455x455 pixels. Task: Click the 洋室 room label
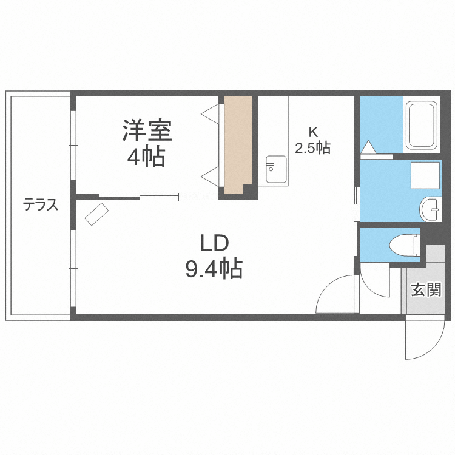(147, 130)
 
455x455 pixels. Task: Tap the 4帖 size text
(146, 157)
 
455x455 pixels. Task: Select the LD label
(214, 243)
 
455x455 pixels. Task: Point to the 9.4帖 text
(214, 268)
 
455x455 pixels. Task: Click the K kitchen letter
(313, 132)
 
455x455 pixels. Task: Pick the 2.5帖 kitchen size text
(313, 147)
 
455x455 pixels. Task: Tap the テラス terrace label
(41, 204)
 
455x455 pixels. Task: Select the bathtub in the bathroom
(420, 126)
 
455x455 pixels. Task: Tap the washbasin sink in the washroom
(432, 209)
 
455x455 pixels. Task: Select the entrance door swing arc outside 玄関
(425, 340)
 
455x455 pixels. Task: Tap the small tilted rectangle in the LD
(96, 214)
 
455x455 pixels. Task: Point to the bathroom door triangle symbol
(368, 147)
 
